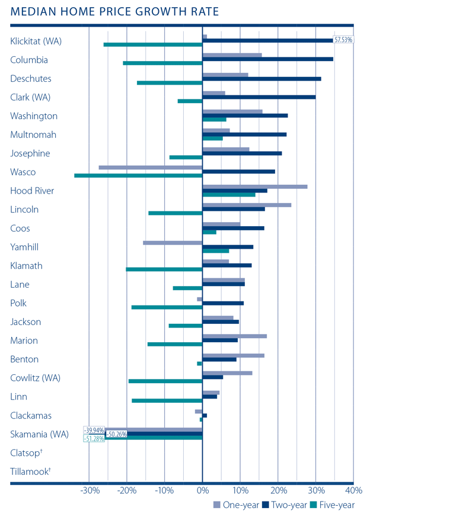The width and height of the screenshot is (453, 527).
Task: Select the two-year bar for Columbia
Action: coord(267,59)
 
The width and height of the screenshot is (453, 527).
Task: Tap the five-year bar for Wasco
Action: coord(138,175)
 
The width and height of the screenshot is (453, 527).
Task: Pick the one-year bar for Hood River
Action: coord(254,187)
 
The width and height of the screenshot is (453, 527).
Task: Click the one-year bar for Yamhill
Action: coord(173,243)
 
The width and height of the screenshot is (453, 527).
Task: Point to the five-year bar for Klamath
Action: coord(164,269)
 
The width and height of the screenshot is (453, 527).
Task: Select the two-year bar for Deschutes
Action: coord(261,78)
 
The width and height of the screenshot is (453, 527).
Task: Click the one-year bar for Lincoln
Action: coord(247,205)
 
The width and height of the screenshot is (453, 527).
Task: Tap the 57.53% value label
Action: coord(343,40)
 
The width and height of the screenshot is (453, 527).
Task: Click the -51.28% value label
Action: coord(94,438)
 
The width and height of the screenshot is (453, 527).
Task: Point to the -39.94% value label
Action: coord(94,430)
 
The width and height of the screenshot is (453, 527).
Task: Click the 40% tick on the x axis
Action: coord(353,491)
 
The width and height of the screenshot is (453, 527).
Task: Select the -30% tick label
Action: coord(90,491)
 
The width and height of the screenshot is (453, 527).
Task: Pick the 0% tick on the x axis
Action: coord(202,491)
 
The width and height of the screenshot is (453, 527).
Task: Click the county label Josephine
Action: coord(30,153)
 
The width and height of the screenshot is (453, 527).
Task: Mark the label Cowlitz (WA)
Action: coord(35,378)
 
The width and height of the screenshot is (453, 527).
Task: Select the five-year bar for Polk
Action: coord(167,307)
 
